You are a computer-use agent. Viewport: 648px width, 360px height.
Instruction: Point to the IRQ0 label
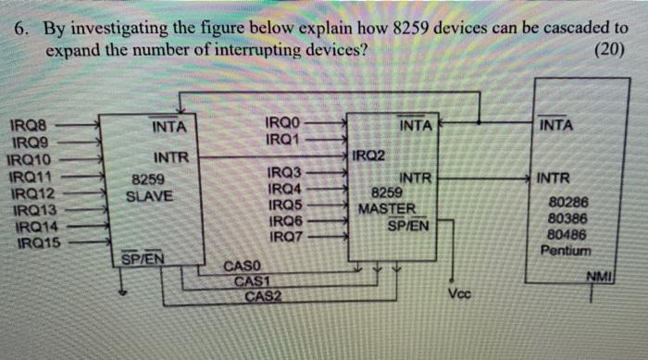click(x=282, y=123)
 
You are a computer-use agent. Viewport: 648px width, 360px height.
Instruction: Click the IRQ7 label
click(x=283, y=238)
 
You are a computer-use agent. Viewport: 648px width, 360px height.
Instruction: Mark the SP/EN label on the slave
click(x=144, y=258)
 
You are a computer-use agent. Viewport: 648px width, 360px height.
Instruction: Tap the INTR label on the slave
click(x=171, y=157)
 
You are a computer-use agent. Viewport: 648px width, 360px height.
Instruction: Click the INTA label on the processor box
click(x=555, y=124)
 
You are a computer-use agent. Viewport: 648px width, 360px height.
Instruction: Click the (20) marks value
click(x=611, y=48)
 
